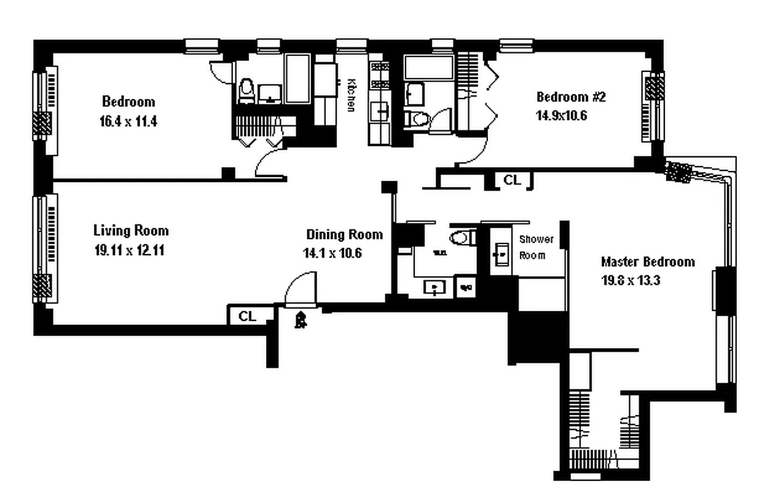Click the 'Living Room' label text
131,231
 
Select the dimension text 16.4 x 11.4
128,121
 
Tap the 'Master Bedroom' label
648,261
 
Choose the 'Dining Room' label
344,234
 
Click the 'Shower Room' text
537,247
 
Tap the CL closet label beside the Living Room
247,316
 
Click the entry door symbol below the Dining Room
301,319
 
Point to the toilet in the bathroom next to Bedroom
246,90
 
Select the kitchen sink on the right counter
381,111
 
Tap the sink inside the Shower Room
501,253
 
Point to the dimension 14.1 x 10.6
336,253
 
